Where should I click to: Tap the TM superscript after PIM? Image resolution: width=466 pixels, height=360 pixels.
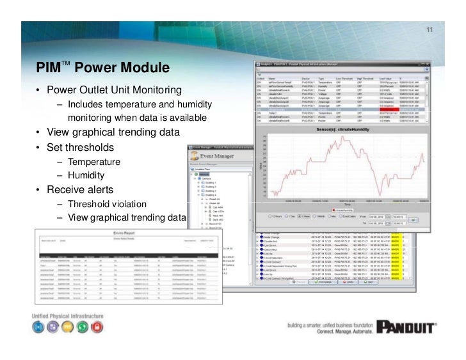pos(66,63)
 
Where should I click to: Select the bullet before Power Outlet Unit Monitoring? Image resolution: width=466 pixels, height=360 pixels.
pos(38,90)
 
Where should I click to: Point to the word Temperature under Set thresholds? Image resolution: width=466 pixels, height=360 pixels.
pos(94,161)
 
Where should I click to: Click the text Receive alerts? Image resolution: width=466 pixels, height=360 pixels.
pos(80,190)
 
